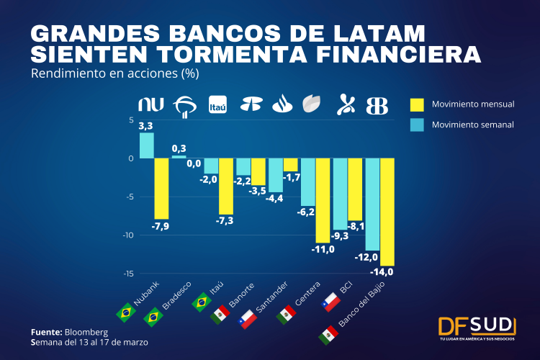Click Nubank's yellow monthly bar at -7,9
click(161, 188)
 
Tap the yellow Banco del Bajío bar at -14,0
click(387, 212)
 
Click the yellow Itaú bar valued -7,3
click(226, 186)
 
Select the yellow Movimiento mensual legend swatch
click(417, 104)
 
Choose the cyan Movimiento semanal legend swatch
click(417, 125)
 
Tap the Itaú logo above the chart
click(217, 105)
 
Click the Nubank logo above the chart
click(152, 105)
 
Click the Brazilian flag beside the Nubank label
click(126, 312)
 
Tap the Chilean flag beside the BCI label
click(331, 301)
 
